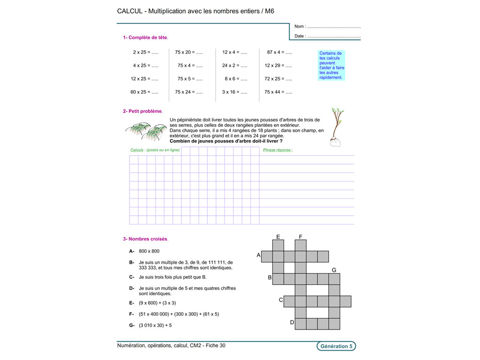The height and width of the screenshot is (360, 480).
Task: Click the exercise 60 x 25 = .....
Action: click(144, 92)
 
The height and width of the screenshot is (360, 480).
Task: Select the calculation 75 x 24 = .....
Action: click(189, 92)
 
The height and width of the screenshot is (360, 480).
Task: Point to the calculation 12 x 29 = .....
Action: click(278, 66)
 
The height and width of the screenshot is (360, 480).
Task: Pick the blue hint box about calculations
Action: click(331, 65)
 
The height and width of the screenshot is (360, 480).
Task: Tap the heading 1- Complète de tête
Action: click(145, 37)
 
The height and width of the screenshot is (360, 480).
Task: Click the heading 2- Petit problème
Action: click(142, 111)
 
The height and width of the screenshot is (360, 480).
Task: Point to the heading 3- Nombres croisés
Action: click(145, 239)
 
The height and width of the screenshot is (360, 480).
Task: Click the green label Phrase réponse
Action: click(278, 150)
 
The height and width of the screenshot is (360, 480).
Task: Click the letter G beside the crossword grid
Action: click(334, 270)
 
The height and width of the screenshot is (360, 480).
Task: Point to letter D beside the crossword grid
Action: click(292, 322)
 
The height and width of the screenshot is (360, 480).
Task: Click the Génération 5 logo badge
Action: click(336, 346)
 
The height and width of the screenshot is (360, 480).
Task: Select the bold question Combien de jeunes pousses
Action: click(226, 141)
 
